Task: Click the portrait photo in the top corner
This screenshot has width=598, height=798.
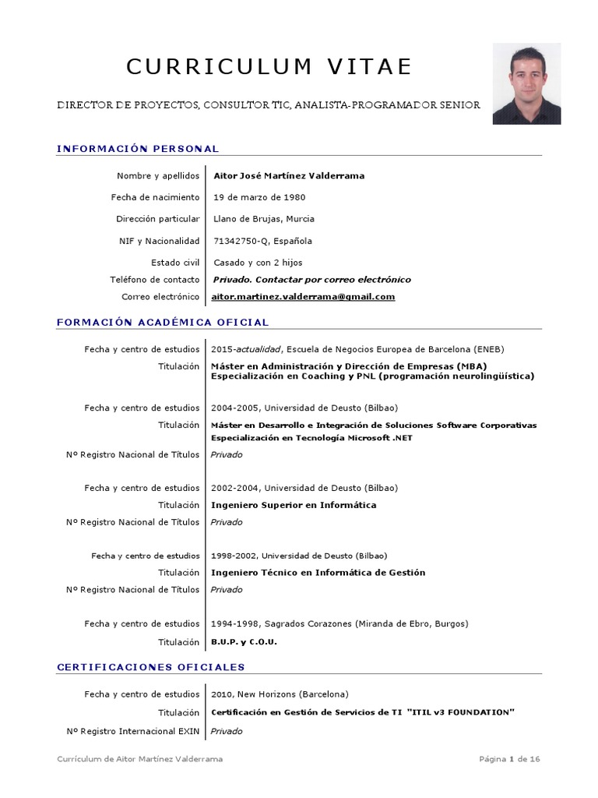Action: [526, 83]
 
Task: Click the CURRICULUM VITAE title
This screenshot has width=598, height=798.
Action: [269, 67]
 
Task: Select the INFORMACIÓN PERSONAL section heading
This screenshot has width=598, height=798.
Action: [138, 149]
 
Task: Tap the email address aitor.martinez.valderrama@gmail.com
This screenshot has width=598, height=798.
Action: [304, 297]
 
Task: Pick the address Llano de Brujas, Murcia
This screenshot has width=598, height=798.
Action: [264, 219]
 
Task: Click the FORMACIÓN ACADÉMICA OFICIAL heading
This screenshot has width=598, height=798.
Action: [163, 322]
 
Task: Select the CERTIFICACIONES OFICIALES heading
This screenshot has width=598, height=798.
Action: [151, 667]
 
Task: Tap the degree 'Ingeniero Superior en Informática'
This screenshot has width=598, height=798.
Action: [294, 505]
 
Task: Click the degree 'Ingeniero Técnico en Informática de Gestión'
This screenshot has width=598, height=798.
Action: [318, 572]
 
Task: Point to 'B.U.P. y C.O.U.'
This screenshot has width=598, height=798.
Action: [244, 642]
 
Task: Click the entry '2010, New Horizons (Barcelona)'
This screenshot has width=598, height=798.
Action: [280, 694]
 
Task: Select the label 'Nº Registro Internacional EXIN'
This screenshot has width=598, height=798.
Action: [133, 731]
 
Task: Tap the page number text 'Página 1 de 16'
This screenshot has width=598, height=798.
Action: [509, 760]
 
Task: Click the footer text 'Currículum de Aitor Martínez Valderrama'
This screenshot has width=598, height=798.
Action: [139, 760]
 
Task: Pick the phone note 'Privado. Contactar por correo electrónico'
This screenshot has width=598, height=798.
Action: [311, 280]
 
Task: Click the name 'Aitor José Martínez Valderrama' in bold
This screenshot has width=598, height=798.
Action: [289, 175]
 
